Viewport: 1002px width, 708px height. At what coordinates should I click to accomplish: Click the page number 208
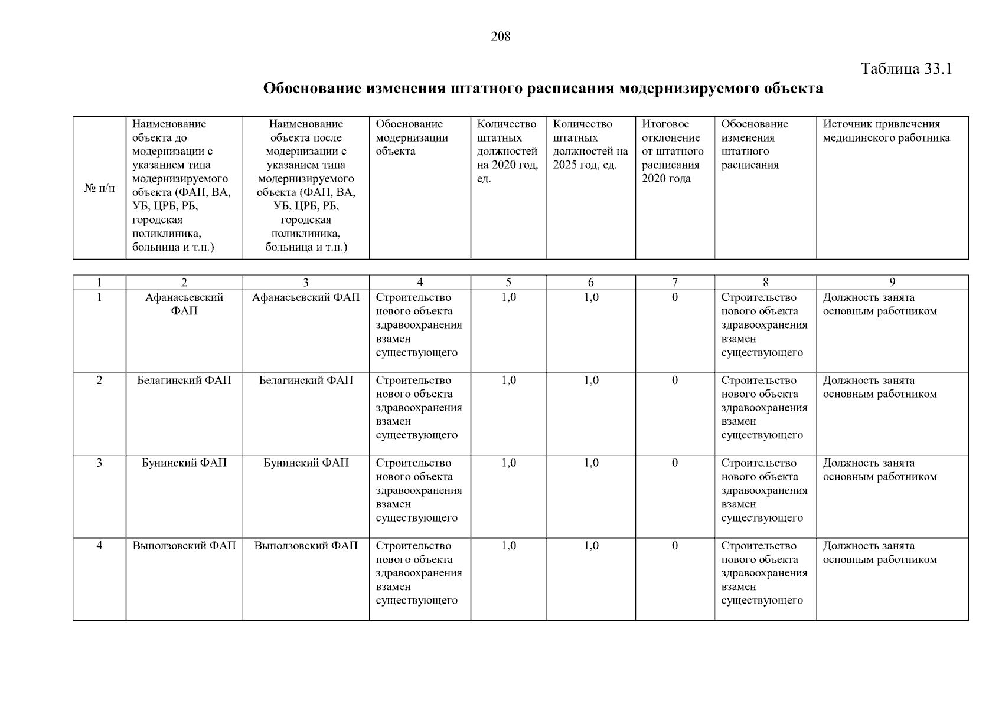pos(500,37)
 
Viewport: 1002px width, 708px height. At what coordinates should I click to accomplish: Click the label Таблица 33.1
pos(906,69)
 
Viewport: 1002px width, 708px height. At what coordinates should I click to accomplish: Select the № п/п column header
pos(99,188)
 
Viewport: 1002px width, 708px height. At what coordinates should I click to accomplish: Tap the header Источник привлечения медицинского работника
pos(886,131)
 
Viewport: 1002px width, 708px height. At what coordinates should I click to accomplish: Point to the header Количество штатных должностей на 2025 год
pos(590,145)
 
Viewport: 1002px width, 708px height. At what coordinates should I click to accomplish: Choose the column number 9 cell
pos(892,283)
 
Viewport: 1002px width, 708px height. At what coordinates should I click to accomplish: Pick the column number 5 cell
pos(508,283)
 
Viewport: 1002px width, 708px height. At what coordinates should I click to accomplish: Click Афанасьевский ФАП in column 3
pos(306,297)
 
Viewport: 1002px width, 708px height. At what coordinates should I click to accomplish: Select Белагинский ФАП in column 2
pos(184,381)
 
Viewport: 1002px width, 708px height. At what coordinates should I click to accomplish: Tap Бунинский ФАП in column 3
pos(306,463)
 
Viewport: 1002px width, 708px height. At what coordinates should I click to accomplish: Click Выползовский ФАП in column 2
pos(184,546)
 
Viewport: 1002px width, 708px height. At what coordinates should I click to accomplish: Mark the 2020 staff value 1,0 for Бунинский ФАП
pos(508,463)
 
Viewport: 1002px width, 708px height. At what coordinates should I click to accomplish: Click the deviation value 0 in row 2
pos(674,381)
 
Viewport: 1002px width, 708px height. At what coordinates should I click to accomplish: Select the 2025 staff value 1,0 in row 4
pos(591,546)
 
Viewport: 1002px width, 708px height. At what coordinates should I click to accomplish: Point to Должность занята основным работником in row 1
pos(879,304)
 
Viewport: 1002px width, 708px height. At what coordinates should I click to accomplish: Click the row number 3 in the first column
pos(99,463)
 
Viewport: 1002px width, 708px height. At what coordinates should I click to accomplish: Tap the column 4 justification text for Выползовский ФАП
pos(419,573)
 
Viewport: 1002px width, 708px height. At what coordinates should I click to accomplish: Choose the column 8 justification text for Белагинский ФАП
pos(764,408)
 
